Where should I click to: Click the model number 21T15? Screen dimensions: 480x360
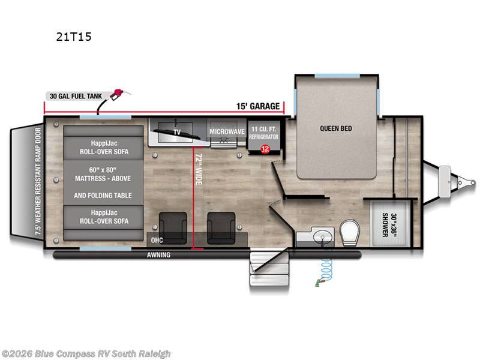point(74,37)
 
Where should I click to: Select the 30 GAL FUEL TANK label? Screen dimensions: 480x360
point(76,96)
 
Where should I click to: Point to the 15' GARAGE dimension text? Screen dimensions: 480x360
point(258,106)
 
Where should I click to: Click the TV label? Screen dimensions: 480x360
point(177,132)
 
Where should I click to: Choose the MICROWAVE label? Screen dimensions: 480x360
point(227,131)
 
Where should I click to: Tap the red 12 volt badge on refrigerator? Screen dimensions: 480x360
point(265,149)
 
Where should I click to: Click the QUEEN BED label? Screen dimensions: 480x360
point(336,128)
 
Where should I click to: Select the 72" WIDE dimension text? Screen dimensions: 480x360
point(199,169)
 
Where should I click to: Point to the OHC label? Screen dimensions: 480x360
point(157,241)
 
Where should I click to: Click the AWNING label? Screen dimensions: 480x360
point(158,254)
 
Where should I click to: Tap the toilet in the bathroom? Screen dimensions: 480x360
point(350,232)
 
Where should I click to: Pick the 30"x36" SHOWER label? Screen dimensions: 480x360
point(389,225)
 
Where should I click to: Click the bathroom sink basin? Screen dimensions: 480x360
point(323,237)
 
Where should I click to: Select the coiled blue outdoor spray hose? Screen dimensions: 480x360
point(325,270)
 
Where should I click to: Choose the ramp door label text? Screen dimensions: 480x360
point(38,181)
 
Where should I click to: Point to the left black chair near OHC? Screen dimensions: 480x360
point(173,228)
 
